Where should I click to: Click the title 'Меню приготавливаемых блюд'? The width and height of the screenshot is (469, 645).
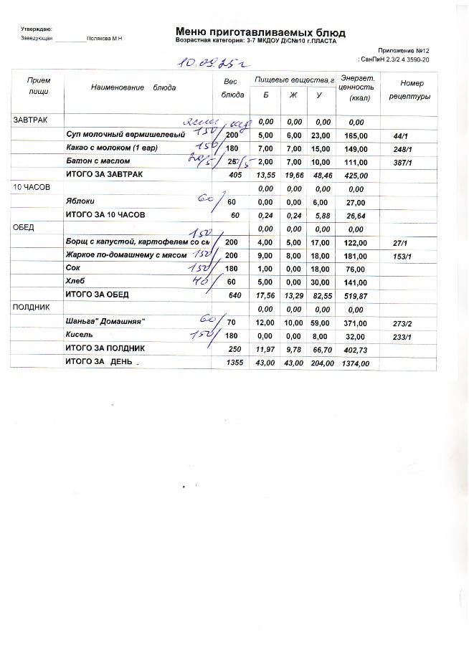click(x=260, y=32)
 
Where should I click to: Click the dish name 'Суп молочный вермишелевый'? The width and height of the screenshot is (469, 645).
click(x=125, y=134)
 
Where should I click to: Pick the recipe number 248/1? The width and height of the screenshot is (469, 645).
click(x=401, y=148)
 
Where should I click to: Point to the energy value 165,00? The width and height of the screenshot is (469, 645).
click(x=356, y=135)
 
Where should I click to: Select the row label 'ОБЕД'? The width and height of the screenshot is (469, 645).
click(x=24, y=228)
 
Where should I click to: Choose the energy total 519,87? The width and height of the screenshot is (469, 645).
click(x=356, y=295)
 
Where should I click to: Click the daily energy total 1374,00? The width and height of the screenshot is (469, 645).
click(x=356, y=363)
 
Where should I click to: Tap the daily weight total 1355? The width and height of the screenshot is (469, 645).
click(x=234, y=363)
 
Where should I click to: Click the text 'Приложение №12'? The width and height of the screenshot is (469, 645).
click(x=403, y=50)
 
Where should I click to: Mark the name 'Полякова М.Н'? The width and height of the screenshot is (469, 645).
click(x=105, y=38)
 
